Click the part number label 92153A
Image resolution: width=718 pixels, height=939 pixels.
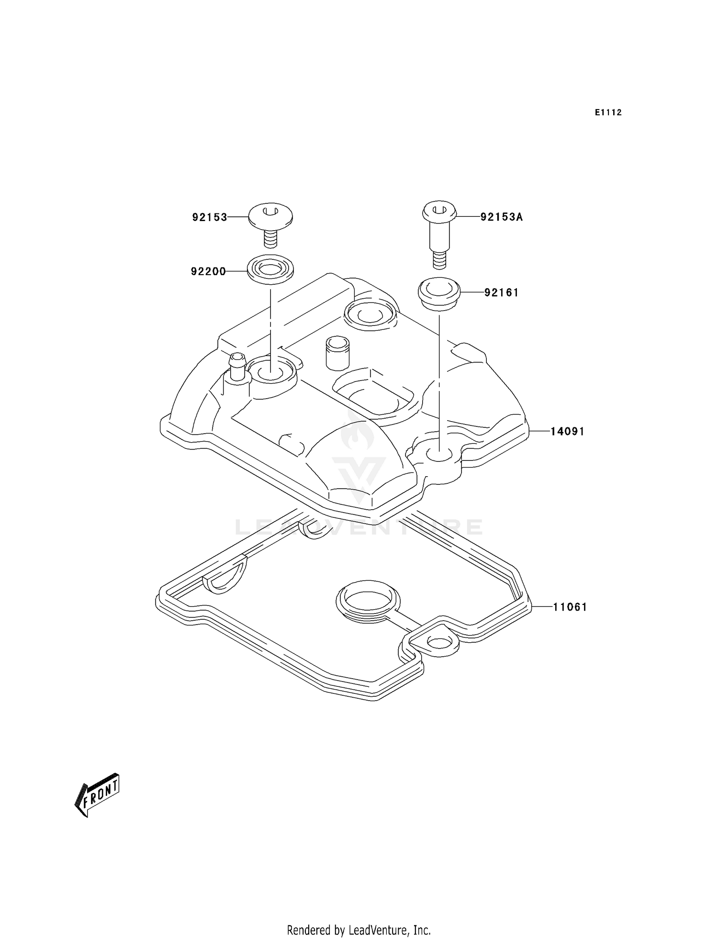tap(502, 217)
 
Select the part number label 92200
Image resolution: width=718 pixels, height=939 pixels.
tap(208, 272)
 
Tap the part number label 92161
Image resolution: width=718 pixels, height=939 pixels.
tap(501, 292)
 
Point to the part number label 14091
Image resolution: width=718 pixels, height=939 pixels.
tap(567, 431)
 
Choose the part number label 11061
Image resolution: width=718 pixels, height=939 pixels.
tap(570, 607)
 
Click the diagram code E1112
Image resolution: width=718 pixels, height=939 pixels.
tap(608, 112)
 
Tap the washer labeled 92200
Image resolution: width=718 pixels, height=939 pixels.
tap(270, 271)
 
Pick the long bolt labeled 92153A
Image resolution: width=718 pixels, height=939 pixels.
tap(439, 235)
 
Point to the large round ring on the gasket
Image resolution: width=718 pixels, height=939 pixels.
tap(367, 600)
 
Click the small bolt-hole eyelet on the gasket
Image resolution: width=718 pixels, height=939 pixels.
tap(437, 642)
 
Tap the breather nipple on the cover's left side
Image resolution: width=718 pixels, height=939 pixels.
tap(237, 368)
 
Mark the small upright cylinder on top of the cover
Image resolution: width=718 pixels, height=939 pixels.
tap(337, 353)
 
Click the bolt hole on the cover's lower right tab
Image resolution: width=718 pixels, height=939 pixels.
tap(439, 454)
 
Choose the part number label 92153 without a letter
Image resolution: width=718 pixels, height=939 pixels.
tap(210, 217)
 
